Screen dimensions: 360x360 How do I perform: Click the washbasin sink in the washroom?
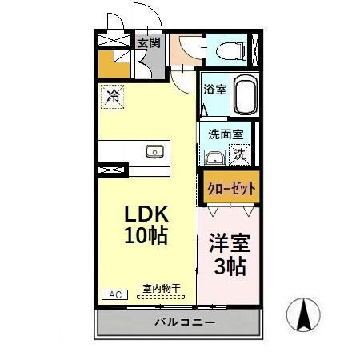coord(214,156)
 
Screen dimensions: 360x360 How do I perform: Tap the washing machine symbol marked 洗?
coord(239,155)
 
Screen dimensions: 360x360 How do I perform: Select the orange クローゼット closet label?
coord(230,190)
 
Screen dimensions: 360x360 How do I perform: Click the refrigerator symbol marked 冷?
coord(113,97)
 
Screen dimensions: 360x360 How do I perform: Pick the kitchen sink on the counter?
coord(154,151)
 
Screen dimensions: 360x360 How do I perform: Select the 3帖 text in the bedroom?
coord(229,266)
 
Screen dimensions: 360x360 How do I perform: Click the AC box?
coord(113,294)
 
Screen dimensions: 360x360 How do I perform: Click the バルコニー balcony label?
coord(183,322)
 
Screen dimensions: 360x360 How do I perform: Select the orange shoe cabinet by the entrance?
coord(111,63)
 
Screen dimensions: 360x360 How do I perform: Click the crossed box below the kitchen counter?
coord(112,170)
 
